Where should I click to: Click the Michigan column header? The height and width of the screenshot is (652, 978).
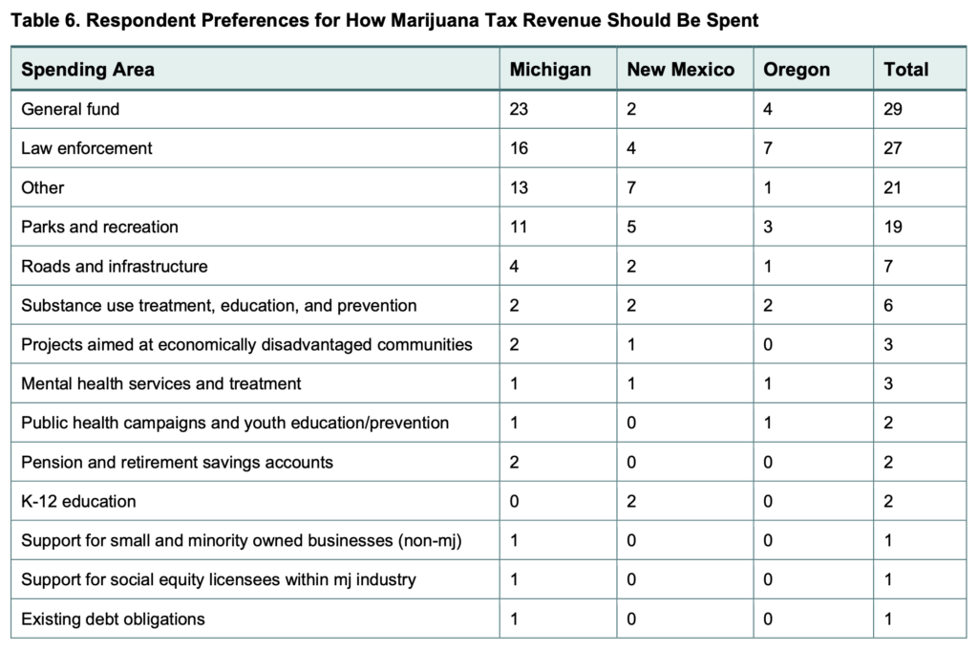click(549, 70)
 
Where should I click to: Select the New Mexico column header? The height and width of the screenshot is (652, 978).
click(680, 70)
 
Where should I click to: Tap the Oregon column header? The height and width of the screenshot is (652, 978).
click(797, 70)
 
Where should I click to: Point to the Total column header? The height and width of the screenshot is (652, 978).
click(905, 70)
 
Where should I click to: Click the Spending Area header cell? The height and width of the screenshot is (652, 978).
click(88, 70)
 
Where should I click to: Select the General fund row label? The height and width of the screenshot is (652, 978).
click(71, 109)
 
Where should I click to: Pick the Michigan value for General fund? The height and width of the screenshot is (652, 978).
click(519, 109)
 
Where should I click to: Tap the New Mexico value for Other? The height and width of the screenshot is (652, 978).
click(632, 187)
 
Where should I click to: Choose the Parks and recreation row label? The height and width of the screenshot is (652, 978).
click(99, 227)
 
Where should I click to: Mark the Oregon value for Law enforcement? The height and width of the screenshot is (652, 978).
click(768, 148)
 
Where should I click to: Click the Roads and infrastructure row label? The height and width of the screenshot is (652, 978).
click(115, 266)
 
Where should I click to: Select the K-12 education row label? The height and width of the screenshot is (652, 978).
click(78, 501)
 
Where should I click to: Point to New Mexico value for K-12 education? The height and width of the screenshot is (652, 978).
click(632, 501)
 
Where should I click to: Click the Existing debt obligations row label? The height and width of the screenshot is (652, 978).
click(113, 619)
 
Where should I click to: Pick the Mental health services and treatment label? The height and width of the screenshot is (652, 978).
click(161, 383)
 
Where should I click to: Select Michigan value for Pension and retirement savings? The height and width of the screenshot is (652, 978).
click(515, 462)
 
